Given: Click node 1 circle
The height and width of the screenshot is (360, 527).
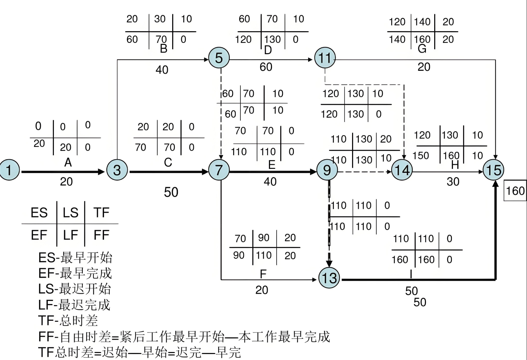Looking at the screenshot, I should click(x=9, y=170).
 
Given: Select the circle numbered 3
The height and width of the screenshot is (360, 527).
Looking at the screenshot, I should click(x=117, y=170).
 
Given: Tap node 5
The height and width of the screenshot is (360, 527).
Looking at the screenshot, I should click(x=219, y=58).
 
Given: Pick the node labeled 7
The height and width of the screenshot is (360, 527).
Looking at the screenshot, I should click(x=219, y=170).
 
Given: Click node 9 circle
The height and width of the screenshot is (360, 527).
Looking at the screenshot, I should click(x=327, y=170).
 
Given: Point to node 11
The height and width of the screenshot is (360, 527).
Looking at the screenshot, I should click(x=325, y=58).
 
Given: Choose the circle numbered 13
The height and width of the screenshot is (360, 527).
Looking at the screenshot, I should click(x=329, y=278).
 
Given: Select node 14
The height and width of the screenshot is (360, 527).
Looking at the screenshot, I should click(x=402, y=170).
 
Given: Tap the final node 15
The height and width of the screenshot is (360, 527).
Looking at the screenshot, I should click(x=493, y=170).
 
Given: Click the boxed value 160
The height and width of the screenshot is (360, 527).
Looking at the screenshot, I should click(x=515, y=191).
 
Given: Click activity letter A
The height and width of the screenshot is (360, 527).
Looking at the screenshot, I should click(x=68, y=163).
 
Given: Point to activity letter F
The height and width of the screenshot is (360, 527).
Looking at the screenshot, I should click(x=263, y=274).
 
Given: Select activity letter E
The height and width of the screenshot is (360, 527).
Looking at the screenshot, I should click(x=272, y=165).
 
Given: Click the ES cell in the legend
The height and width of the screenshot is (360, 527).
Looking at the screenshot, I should click(x=39, y=213).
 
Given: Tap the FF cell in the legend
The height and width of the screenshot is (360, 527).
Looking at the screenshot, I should click(x=101, y=235).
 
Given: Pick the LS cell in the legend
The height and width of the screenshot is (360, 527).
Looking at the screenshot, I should click(x=70, y=213).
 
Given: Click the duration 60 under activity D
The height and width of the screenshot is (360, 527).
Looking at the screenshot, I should click(x=266, y=67).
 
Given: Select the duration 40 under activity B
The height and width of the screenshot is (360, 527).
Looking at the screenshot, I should click(x=162, y=70).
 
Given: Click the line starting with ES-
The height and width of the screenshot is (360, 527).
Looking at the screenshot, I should click(x=75, y=258).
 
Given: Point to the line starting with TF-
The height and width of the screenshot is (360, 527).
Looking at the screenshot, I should click(x=68, y=320).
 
